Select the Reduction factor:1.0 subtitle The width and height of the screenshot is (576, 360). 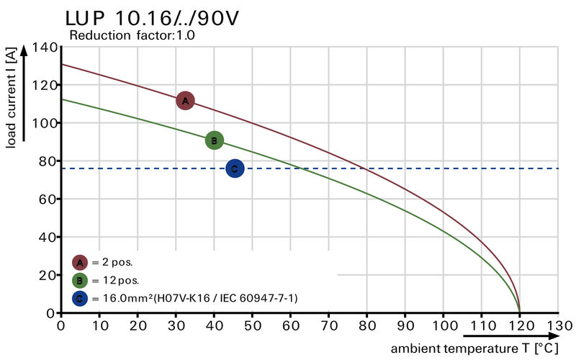[x=131, y=35]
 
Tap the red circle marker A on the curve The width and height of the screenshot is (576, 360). [x=185, y=101]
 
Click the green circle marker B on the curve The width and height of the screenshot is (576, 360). [x=214, y=140]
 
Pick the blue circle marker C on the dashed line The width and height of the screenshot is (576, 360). [x=235, y=168]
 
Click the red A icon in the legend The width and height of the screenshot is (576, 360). [x=80, y=262]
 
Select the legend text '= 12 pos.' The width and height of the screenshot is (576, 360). [x=115, y=280]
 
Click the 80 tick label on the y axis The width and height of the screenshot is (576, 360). [x=47, y=161]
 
